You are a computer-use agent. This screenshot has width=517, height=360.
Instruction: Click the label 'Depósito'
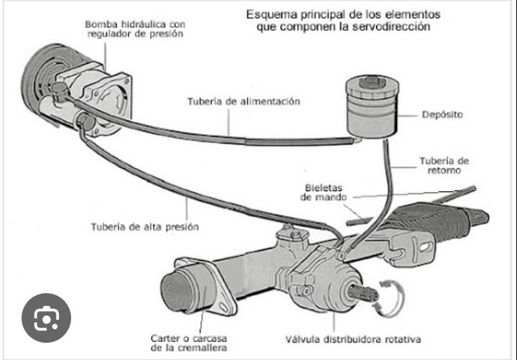(x=442, y=115)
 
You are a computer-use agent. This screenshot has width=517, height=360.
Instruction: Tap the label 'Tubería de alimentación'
(x=244, y=101)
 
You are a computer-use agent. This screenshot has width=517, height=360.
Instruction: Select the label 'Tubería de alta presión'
(x=145, y=226)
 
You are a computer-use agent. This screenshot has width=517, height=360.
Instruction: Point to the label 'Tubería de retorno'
(x=444, y=166)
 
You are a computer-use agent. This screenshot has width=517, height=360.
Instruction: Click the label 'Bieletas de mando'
(x=323, y=193)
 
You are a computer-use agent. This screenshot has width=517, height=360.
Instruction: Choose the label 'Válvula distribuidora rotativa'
(x=353, y=339)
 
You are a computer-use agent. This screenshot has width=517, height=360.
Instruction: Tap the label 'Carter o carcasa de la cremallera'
(x=189, y=343)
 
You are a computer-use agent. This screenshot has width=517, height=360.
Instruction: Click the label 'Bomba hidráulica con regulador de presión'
(x=135, y=29)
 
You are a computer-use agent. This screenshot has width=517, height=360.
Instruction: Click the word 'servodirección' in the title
(x=391, y=27)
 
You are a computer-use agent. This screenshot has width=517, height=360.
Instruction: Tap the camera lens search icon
(x=46, y=318)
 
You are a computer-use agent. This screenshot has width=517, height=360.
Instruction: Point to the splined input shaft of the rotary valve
(x=363, y=293)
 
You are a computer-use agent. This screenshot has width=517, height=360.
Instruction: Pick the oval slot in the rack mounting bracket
(x=425, y=246)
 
